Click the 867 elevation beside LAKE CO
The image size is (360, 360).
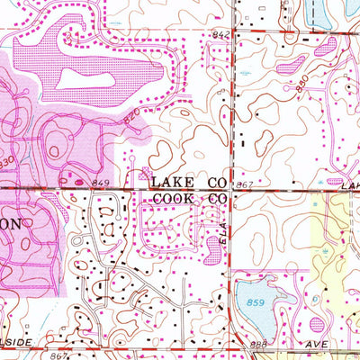241,184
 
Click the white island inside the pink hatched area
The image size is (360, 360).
81,79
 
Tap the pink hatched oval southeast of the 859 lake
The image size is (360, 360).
317,324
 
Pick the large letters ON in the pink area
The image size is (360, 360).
18,222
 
